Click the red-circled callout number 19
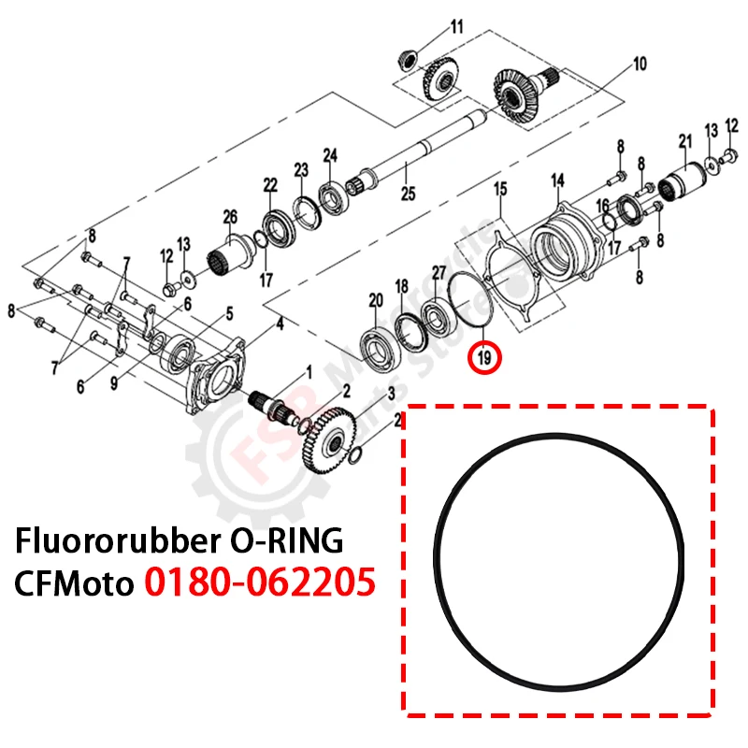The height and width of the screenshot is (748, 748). click(x=484, y=356)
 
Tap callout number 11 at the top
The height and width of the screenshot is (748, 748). click(x=456, y=26)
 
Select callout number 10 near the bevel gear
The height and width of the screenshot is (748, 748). click(x=640, y=65)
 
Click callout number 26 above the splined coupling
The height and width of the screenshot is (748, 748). click(x=230, y=218)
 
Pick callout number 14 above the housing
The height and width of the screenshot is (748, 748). click(x=558, y=180)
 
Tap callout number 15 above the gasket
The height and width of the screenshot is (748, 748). click(x=500, y=189)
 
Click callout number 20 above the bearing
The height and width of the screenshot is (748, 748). click(x=376, y=300)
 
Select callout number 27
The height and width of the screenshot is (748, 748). click(x=439, y=272)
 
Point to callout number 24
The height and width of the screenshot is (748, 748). click(x=330, y=154)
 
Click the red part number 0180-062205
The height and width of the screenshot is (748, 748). click(x=260, y=582)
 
